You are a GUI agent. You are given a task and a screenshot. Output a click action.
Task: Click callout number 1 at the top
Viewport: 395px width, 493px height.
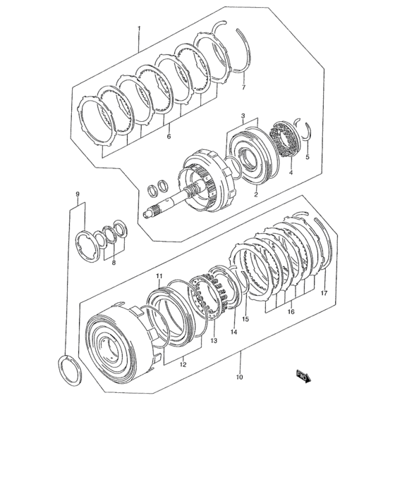(x=139, y=29)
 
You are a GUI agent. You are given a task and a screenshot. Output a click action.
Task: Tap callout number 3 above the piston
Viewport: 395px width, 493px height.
(x=242, y=116)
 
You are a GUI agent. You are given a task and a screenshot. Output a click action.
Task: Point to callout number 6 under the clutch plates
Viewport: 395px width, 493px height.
(x=169, y=137)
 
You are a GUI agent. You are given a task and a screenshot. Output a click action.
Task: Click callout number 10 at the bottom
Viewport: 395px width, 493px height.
(x=239, y=377)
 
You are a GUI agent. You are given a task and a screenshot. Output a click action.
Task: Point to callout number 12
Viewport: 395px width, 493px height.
(x=183, y=365)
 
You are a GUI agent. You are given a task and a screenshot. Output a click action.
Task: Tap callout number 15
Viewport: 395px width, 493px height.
(x=245, y=318)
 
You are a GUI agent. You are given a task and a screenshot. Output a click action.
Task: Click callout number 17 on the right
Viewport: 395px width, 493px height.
(x=324, y=293)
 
